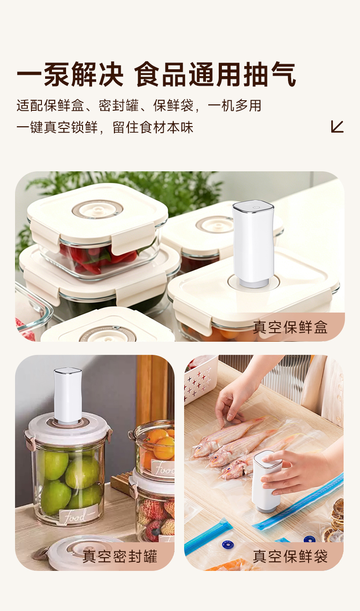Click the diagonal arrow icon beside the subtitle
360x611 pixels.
coord(337,127)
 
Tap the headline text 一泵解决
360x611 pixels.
coord(70,74)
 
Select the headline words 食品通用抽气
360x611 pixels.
coord(216,74)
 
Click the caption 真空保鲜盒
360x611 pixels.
coord(290,327)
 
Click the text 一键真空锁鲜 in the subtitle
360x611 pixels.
coord(57,128)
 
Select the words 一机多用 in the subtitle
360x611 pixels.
coord(235,106)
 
